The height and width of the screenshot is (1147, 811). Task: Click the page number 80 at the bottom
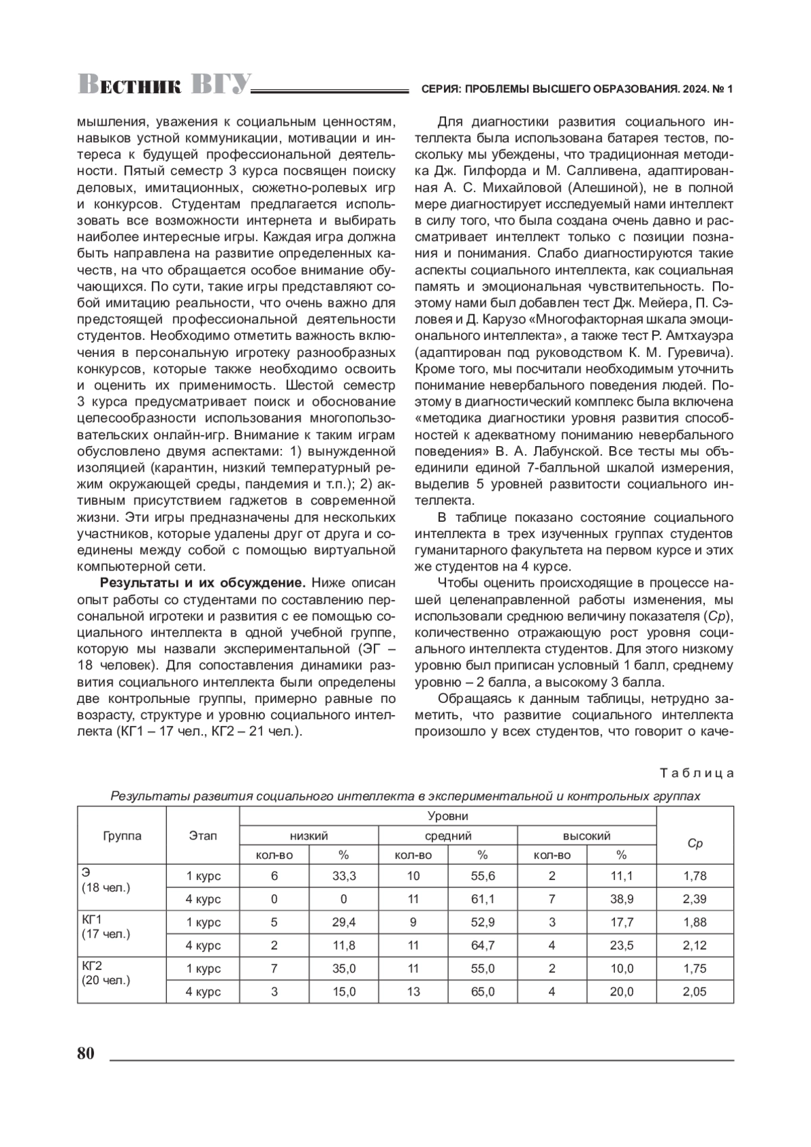pyautogui.click(x=85, y=1054)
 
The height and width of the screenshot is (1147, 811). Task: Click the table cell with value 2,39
pyautogui.click(x=695, y=899)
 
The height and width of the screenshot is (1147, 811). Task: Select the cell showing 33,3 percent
pyautogui.click(x=343, y=876)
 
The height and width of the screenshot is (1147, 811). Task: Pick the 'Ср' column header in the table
pyautogui.click(x=695, y=844)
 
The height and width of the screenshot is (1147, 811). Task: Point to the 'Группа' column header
pyautogui.click(x=122, y=835)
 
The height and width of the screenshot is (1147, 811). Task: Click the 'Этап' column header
pyautogui.click(x=203, y=835)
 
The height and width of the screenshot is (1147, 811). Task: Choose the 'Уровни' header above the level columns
pyautogui.click(x=447, y=816)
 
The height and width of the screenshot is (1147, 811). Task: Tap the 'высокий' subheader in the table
pyautogui.click(x=587, y=836)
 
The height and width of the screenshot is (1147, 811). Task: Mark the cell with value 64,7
pyautogui.click(x=483, y=945)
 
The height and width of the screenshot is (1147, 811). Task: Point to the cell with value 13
pyautogui.click(x=413, y=992)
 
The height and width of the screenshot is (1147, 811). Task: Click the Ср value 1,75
pyautogui.click(x=695, y=969)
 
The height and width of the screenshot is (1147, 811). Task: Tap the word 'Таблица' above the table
pyautogui.click(x=696, y=773)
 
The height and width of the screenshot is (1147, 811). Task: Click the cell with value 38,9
pyautogui.click(x=621, y=899)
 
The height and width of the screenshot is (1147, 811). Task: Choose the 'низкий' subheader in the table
pyautogui.click(x=309, y=836)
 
